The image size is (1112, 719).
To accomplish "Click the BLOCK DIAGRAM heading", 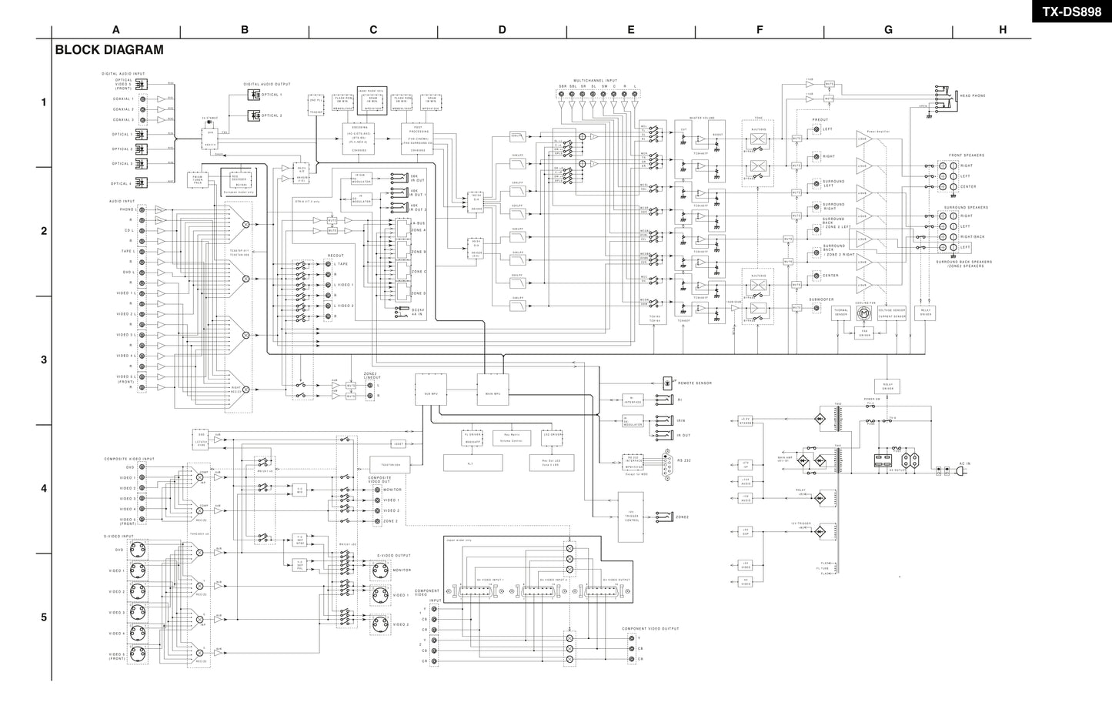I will coord(109,50).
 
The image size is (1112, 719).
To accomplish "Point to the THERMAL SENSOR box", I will coord(841,313).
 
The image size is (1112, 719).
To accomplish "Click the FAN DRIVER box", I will coord(863,333).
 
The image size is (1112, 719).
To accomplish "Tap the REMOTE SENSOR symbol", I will coord(667,382).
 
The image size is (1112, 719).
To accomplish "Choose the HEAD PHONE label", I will coord(972,96).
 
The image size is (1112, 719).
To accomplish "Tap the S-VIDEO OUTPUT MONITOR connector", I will coord(379,570).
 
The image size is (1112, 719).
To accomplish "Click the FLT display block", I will coord(473,463).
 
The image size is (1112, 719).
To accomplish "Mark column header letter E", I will coord(630,30).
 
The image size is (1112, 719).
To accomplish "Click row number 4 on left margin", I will coord(44,489).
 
